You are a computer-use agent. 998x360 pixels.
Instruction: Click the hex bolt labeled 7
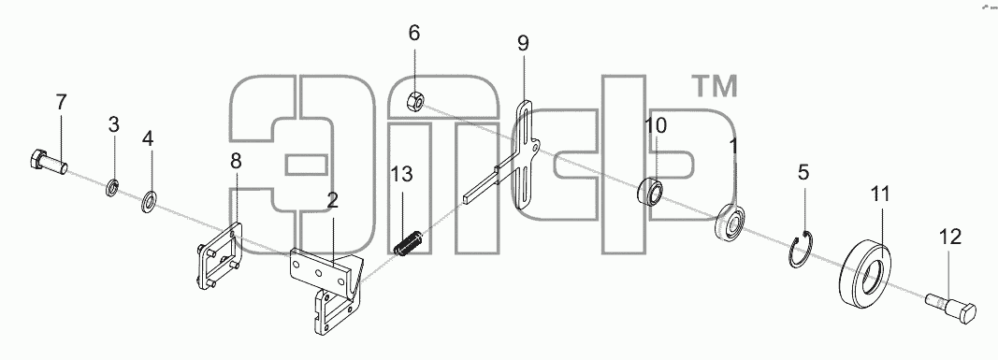pos(48,161)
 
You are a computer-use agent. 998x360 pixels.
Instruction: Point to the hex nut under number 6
pos(415,100)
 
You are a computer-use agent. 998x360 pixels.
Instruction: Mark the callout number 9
pos(523,43)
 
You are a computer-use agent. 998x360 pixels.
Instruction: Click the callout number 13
pos(402,174)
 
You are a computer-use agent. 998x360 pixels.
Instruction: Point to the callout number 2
pos(332,201)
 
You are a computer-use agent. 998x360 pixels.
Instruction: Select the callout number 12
pos(949,237)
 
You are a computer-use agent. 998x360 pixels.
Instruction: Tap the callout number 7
pos(61,102)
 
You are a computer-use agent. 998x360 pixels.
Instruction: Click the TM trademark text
pos(715,87)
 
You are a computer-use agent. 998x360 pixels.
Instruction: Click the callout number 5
pos(803,172)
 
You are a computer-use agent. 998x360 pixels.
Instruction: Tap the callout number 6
pos(414,33)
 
